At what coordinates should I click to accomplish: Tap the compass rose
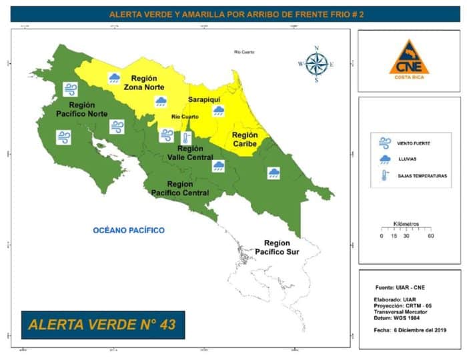coord(316,64)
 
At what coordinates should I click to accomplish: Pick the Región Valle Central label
coord(190,153)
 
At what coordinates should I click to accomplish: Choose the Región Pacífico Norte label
coord(83,109)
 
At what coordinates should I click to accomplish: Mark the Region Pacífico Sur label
coord(276,247)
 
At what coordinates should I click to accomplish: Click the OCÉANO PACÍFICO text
coord(129,230)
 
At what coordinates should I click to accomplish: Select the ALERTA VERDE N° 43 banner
coord(102,325)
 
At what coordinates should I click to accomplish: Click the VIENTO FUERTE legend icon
coord(385,142)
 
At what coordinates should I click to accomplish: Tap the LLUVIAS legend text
coord(408,159)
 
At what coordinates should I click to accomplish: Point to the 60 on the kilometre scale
coord(431,236)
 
